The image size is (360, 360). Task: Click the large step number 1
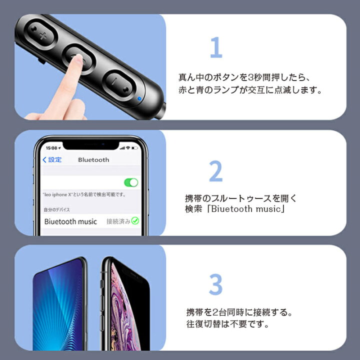(216, 47)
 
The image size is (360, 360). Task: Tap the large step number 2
(216, 171)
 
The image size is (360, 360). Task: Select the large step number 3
(216, 284)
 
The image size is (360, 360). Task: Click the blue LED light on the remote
(139, 98)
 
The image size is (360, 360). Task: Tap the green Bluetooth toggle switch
(131, 183)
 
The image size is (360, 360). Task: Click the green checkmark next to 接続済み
(135, 220)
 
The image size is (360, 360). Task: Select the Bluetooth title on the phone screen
(93, 160)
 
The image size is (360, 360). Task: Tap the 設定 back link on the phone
(52, 159)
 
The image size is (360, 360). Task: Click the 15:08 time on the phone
(51, 148)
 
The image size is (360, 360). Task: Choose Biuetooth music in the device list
(70, 221)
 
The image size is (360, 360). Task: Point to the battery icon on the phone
(134, 148)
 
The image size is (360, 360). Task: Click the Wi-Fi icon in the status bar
(128, 148)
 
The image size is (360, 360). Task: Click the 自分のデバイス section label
(56, 209)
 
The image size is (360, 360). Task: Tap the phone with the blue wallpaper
(59, 304)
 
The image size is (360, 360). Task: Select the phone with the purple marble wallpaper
(125, 304)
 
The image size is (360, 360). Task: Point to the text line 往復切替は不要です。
(227, 324)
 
